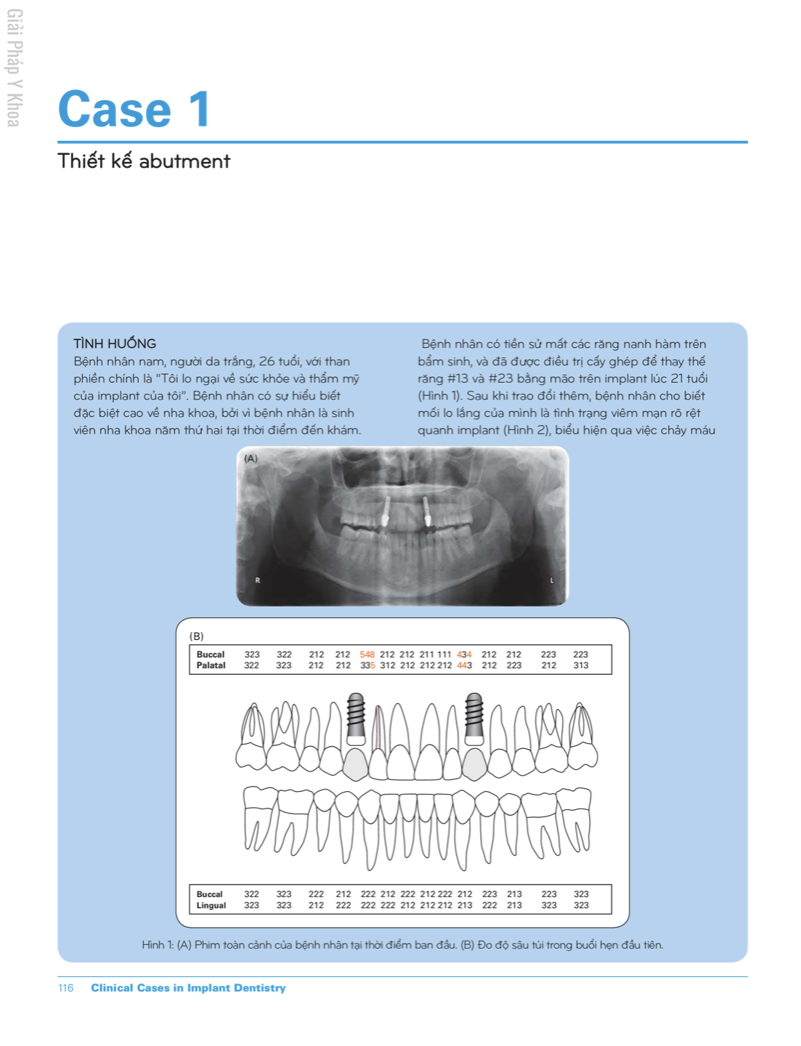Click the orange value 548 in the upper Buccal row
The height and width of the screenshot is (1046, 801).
[x=367, y=654]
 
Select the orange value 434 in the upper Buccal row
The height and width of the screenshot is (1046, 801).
[x=464, y=654]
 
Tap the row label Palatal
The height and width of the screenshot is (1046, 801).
[x=211, y=665]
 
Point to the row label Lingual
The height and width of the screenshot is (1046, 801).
[x=211, y=906]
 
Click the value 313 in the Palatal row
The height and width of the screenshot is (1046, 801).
[x=580, y=665]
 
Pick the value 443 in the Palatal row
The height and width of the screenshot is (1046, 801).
[x=464, y=665]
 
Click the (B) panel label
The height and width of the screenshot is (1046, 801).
[x=196, y=636]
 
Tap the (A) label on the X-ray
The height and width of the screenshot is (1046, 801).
[x=251, y=458]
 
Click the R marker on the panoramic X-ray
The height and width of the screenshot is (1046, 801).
[x=257, y=580]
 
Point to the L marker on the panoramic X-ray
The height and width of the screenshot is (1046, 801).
[x=551, y=580]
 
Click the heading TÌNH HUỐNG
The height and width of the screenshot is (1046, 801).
[x=115, y=344]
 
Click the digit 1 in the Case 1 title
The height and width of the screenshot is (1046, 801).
[x=199, y=110]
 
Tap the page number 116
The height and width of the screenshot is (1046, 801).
[x=65, y=988]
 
